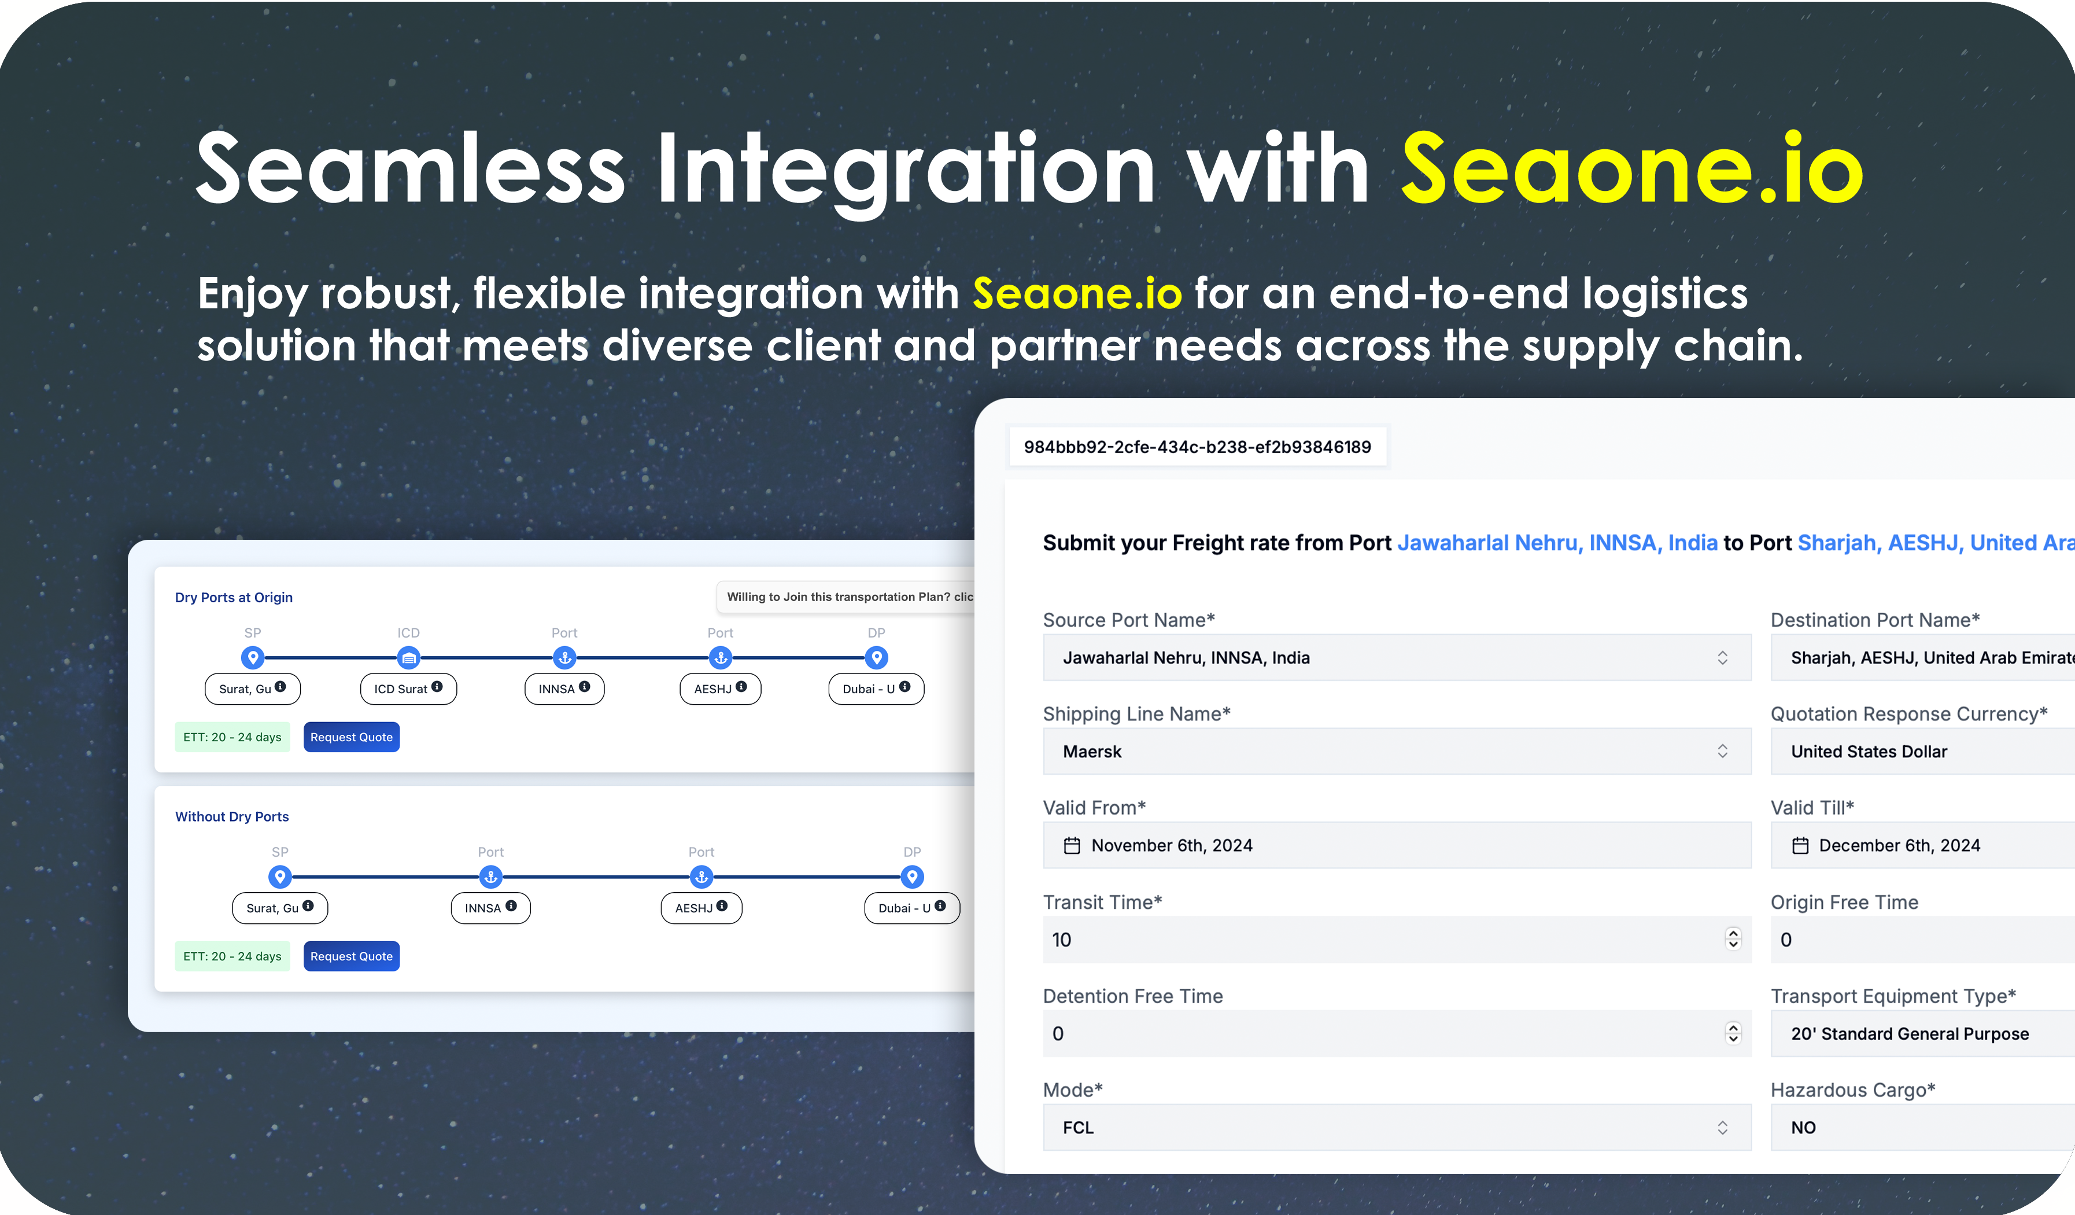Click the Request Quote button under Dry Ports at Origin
click(x=352, y=737)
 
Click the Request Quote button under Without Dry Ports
click(x=352, y=956)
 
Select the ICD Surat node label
click(x=408, y=689)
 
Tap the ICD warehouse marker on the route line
click(x=408, y=657)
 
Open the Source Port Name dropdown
click(x=1397, y=657)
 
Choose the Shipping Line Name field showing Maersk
click(x=1397, y=751)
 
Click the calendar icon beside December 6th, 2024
click(x=1801, y=845)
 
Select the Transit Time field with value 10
click(x=1397, y=939)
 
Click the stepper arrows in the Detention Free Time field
click(x=1733, y=1033)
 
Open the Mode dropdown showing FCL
click(x=1397, y=1127)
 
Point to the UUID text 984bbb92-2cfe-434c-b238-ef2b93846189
click(x=1197, y=447)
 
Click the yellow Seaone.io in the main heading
click(x=1632, y=169)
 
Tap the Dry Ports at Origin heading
click(x=234, y=597)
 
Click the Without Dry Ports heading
click(x=232, y=816)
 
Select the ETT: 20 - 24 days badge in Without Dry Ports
click(x=232, y=956)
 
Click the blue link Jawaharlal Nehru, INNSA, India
click(x=1557, y=543)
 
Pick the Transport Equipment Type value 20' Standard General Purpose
click(x=1910, y=1034)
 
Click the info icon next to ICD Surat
click(x=437, y=686)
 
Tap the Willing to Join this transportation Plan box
click(x=845, y=597)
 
